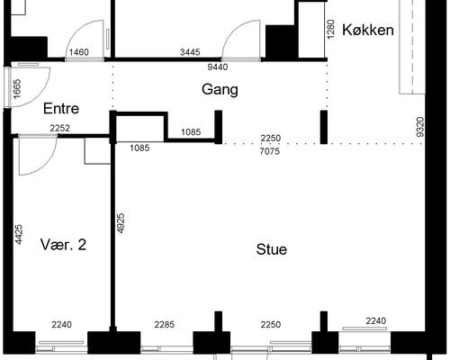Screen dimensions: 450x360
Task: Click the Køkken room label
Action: point(368,30)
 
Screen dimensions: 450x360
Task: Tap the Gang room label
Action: point(220,90)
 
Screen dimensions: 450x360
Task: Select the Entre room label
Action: point(61,108)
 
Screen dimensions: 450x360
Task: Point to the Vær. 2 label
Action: point(63,245)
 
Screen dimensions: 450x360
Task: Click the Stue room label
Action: point(272,249)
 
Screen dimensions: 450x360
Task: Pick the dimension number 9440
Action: point(218,67)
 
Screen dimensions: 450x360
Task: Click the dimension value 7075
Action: point(270,151)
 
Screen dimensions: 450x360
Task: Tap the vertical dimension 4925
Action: point(121,223)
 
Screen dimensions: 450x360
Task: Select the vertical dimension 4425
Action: point(19,234)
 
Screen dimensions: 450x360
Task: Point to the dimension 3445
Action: point(190,52)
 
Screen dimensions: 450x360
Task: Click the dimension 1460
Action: point(79,52)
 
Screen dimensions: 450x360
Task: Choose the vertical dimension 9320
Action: point(420,127)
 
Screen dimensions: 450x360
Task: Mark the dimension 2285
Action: point(165,325)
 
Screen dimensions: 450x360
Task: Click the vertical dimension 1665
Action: point(17,89)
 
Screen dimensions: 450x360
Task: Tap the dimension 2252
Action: point(60,129)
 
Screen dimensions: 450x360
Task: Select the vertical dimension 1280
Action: point(330,29)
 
